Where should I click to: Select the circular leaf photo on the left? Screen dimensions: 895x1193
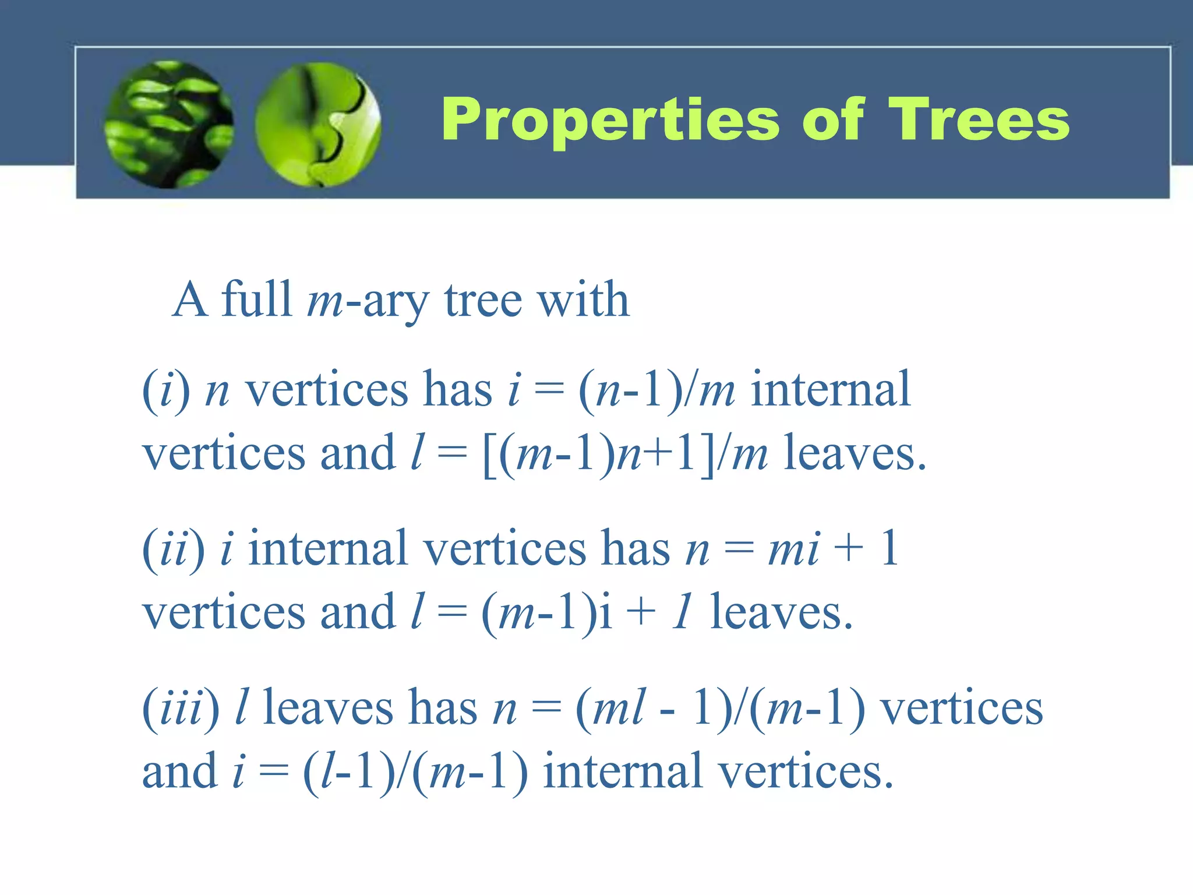[x=169, y=124]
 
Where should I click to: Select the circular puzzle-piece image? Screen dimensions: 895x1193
[x=318, y=124]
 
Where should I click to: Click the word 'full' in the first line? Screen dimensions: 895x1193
[x=256, y=299]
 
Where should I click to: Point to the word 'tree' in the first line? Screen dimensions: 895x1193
[x=482, y=301]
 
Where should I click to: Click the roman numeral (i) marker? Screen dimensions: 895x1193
[x=166, y=390]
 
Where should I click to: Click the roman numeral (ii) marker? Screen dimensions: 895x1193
[x=174, y=549]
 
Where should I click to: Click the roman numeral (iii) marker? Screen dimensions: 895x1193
[x=181, y=708]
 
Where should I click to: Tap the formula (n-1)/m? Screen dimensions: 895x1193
[x=656, y=390]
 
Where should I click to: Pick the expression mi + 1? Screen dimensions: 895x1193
[x=833, y=549]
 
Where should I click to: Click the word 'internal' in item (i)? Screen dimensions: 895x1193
[x=830, y=389]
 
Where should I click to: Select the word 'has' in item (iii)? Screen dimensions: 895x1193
[x=443, y=708]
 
